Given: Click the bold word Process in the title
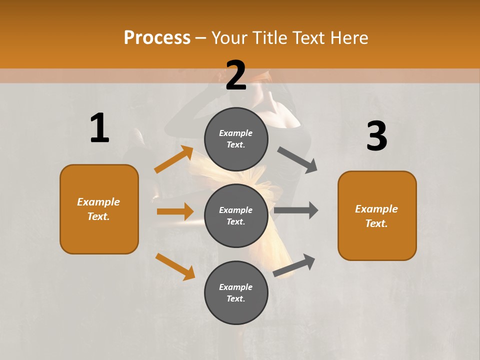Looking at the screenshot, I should tap(157, 38).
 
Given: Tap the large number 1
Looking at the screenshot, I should tap(99, 128).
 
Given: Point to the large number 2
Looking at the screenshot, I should tap(236, 75).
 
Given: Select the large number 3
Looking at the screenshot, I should tap(376, 136).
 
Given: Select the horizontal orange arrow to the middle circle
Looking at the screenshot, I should tap(175, 211).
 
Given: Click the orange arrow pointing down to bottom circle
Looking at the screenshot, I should tap(175, 266).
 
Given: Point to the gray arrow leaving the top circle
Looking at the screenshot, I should tap(297, 160).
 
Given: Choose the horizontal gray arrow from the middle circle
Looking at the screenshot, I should tap(296, 210).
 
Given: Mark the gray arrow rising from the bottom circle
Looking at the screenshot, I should tap(294, 265).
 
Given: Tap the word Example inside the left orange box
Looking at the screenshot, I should tap(98, 202).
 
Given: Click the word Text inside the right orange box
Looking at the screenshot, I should tap(375, 223).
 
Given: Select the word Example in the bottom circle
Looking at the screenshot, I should tap(235, 287).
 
